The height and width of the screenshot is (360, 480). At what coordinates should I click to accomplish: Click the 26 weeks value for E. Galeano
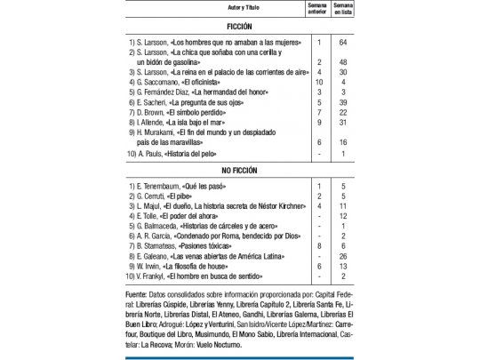342,256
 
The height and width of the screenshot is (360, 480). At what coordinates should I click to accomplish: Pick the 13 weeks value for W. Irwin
342,267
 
